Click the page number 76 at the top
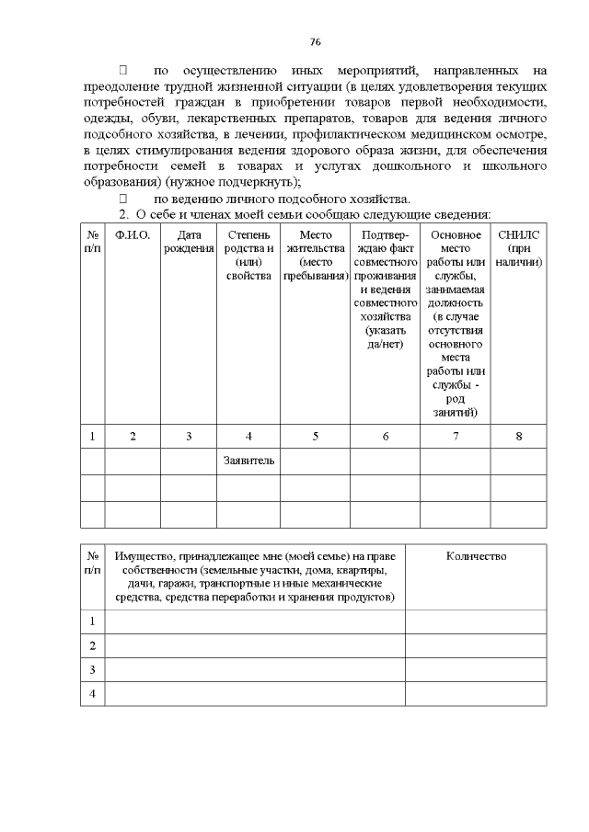point(315,42)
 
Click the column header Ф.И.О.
point(133,235)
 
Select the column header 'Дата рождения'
point(189,242)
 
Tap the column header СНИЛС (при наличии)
point(518,248)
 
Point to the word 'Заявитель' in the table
point(248,461)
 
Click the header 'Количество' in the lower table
point(476,556)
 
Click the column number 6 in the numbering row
point(385,436)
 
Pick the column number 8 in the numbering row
point(518,436)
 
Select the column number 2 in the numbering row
point(133,436)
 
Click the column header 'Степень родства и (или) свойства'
point(248,255)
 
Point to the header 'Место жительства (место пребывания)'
point(316,255)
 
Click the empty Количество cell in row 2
point(476,645)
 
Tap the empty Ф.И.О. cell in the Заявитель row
point(133,461)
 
